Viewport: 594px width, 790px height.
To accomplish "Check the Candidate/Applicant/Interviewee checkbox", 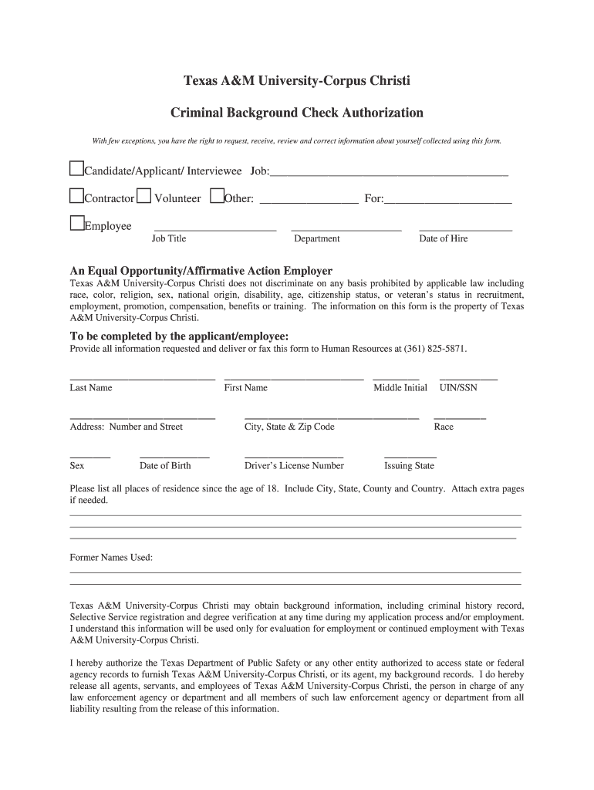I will click(76, 168).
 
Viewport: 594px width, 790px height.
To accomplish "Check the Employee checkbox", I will click(76, 224).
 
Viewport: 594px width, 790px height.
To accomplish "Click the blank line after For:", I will click(447, 201).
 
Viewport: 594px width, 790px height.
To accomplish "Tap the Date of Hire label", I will click(443, 239).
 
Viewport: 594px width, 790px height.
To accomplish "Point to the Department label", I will click(316, 239).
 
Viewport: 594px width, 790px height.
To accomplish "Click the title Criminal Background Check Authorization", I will click(296, 113).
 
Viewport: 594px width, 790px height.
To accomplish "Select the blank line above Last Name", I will click(142, 379).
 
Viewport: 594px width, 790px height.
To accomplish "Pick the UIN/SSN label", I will click(458, 388).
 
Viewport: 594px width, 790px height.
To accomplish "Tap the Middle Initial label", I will click(400, 388).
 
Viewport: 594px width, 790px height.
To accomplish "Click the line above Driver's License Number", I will click(293, 457).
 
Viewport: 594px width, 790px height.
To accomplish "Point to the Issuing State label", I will click(409, 466).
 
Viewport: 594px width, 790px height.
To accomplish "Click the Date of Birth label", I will click(165, 466).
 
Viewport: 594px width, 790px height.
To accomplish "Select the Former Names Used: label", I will click(111, 558).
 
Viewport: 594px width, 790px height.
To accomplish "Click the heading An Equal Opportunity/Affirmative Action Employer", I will click(201, 271).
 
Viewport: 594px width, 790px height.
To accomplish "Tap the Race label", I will click(444, 427).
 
